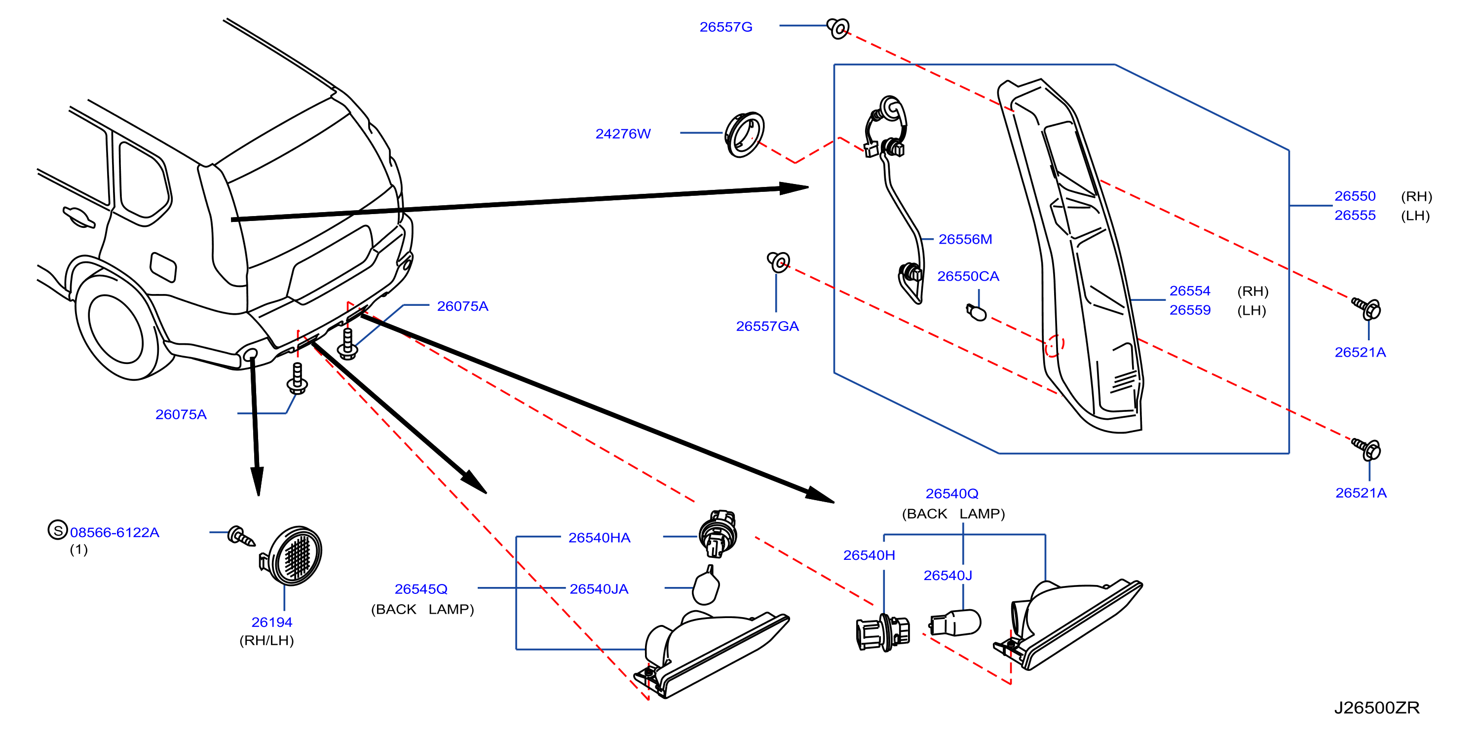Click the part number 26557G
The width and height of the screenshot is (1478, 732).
click(x=725, y=27)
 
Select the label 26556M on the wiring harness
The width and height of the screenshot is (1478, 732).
click(x=965, y=239)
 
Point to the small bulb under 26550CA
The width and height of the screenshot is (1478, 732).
click(x=976, y=313)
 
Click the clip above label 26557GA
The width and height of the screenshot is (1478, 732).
click(x=779, y=261)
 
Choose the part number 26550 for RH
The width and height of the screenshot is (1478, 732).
click(x=1355, y=196)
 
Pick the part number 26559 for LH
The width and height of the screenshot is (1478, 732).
click(x=1190, y=310)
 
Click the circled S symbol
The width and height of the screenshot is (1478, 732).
click(x=57, y=530)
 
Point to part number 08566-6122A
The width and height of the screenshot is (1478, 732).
click(x=115, y=532)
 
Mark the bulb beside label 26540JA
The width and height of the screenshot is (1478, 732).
click(x=706, y=586)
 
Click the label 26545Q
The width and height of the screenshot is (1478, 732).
click(x=420, y=589)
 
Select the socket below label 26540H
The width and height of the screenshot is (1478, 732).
click(x=883, y=633)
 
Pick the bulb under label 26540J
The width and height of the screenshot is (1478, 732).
click(x=955, y=623)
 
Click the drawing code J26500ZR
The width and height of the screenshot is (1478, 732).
click(x=1376, y=708)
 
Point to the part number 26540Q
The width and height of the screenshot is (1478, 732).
click(x=952, y=494)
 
